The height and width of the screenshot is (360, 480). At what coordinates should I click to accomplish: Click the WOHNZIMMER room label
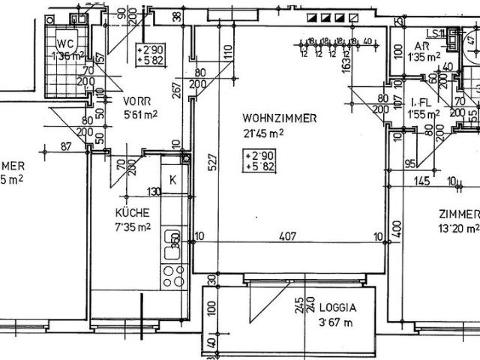pos(280,118)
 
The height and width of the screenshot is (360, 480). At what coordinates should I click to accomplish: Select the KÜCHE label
pos(133,212)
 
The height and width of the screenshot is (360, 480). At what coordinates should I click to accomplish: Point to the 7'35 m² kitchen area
pos(133,226)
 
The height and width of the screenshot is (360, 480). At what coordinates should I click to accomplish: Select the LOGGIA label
pos(336,307)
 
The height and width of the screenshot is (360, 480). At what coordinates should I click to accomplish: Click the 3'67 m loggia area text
pos(335,322)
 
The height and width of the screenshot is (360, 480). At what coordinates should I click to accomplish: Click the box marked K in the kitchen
pos(172,180)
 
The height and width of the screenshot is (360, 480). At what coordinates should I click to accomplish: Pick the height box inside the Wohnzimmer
pos(258,160)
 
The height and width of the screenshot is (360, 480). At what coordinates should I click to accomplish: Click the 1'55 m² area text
pos(424,115)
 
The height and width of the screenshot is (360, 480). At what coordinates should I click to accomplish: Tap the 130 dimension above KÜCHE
pos(154,190)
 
